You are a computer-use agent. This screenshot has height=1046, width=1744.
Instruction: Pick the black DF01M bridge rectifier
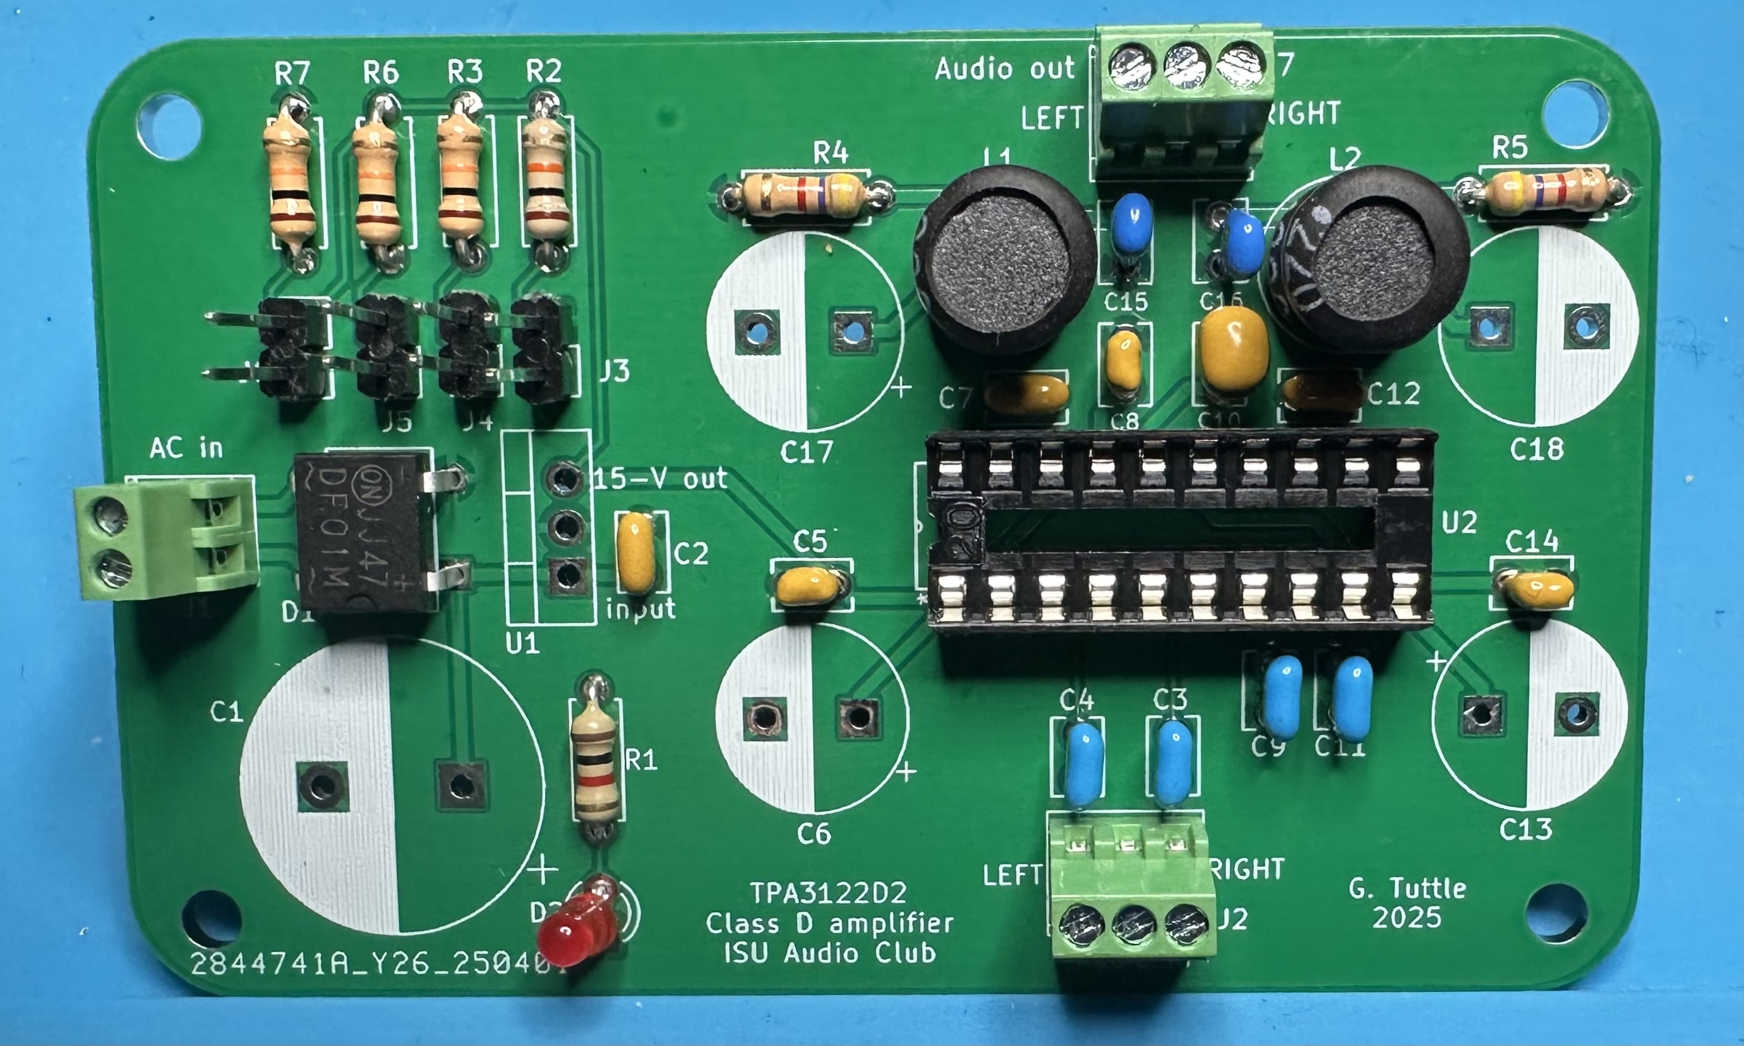363,532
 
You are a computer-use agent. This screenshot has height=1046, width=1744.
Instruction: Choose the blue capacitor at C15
1131,223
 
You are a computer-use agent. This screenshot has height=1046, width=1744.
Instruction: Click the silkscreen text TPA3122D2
828,894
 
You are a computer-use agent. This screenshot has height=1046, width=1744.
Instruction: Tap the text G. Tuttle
1407,888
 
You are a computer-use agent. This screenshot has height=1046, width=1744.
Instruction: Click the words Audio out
1004,69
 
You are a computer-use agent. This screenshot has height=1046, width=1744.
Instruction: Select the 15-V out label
661,479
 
